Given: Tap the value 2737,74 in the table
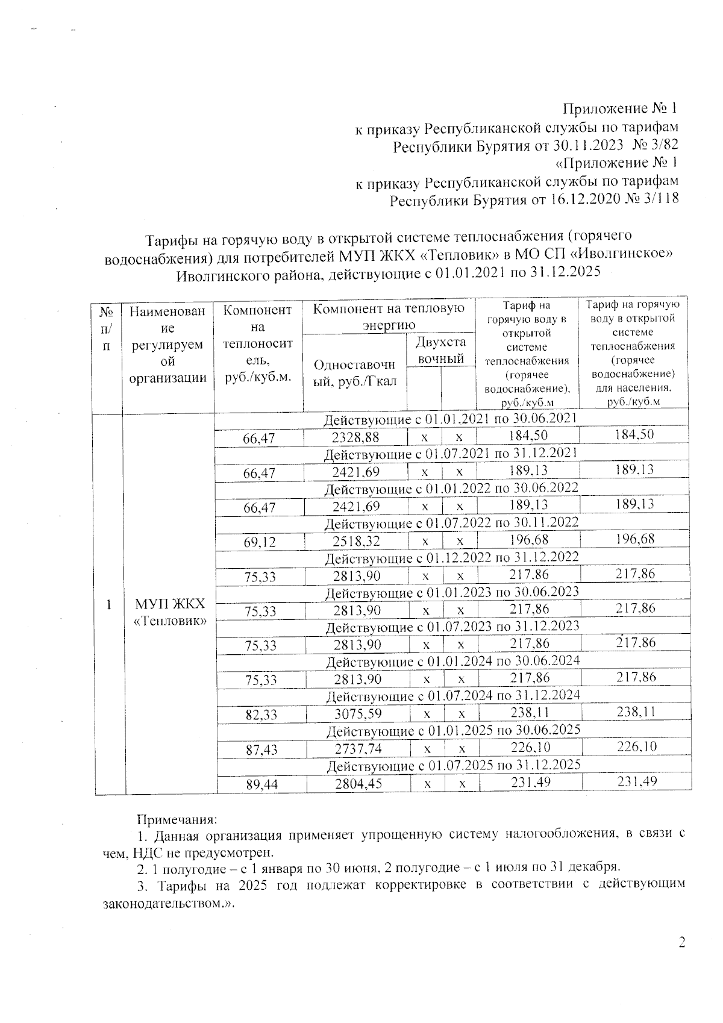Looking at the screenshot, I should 359,749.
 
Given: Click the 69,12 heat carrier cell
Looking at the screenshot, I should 260,542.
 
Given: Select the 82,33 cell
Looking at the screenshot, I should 260,715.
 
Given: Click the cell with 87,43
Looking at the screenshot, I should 260,749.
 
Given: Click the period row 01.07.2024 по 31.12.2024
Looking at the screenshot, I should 453,696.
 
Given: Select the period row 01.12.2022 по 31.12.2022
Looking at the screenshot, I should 452,557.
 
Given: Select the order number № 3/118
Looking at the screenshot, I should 653,199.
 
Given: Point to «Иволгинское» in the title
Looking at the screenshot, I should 622,255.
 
